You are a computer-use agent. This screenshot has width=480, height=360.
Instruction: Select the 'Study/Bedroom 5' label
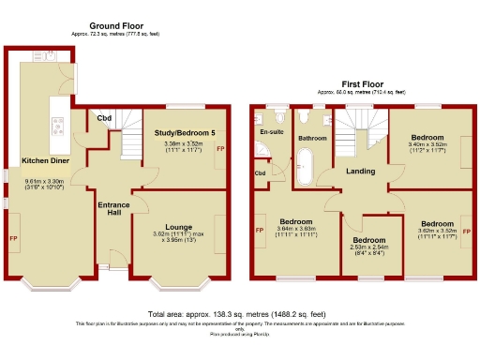(x=183, y=134)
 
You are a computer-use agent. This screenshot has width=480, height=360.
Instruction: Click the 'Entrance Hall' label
(x=113, y=209)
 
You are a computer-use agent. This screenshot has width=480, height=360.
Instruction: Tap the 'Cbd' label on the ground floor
(x=104, y=118)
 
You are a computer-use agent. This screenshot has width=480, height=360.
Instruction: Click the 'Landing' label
(x=360, y=171)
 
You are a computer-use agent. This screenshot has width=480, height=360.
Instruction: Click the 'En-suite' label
(x=270, y=132)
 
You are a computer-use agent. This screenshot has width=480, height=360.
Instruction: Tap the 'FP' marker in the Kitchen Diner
(x=14, y=239)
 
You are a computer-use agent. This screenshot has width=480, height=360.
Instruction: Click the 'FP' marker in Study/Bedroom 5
(x=220, y=149)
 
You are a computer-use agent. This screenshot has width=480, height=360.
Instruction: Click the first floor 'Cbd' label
(x=260, y=173)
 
